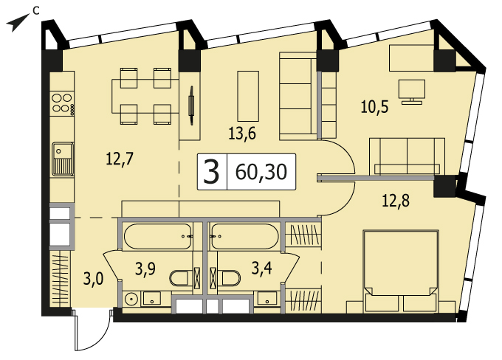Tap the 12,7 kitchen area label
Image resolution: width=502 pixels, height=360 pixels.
coord(119,159)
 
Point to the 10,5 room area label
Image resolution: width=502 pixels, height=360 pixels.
coord(374,107)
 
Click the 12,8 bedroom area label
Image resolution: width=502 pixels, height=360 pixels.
coord(396,201)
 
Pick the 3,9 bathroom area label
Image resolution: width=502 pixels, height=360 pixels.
coord(145,269)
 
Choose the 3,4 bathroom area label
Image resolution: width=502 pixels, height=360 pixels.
coord(261,268)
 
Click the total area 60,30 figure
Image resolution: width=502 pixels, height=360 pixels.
coord(261,172)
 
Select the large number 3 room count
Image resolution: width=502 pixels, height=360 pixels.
coord(211,172)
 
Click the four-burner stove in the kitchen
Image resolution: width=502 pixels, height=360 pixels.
coord(63,103)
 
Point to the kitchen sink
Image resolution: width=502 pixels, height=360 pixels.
coord(63,159)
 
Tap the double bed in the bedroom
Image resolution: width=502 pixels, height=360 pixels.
coord(401,271)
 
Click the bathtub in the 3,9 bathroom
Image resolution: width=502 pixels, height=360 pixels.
coord(158,236)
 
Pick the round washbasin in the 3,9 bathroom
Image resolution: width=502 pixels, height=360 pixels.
coord(131,300)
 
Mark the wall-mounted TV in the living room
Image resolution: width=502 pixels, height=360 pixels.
coord(191,105)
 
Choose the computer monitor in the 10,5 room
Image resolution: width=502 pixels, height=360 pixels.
coord(412,91)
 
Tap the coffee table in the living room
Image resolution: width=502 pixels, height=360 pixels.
coord(248,96)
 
